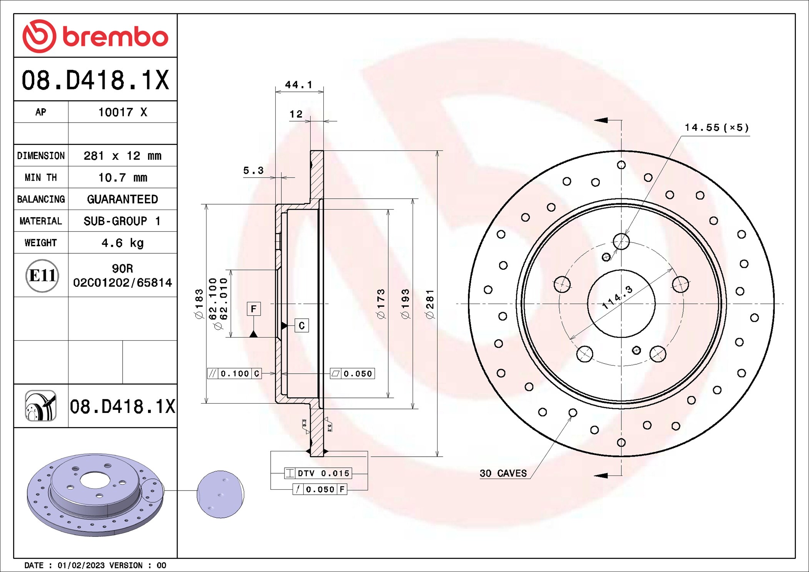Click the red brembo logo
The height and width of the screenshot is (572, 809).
click(95, 36)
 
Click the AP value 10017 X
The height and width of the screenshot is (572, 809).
click(122, 112)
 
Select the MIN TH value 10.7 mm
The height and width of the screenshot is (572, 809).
click(122, 178)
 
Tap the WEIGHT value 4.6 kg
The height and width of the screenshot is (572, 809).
click(122, 243)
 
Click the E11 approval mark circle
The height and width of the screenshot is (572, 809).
click(42, 276)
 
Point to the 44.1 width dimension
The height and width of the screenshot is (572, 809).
click(298, 85)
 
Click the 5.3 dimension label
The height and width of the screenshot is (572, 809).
click(253, 170)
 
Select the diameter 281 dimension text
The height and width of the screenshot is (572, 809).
click(430, 304)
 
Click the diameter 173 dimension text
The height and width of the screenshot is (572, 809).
click(381, 304)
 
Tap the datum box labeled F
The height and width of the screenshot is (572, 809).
click(253, 309)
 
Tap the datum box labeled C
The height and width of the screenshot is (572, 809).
click(301, 326)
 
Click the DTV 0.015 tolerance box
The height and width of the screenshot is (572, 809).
click(318, 473)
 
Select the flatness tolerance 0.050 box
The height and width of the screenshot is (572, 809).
click(352, 374)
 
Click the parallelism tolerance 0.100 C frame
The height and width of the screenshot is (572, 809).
click(235, 374)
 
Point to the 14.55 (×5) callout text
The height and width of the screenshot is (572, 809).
click(716, 128)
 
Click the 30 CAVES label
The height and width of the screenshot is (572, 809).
click(503, 473)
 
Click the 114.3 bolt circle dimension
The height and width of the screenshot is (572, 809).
click(617, 298)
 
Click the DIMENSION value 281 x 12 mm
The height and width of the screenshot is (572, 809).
click(122, 156)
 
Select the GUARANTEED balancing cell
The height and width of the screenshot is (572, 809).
click(122, 199)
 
